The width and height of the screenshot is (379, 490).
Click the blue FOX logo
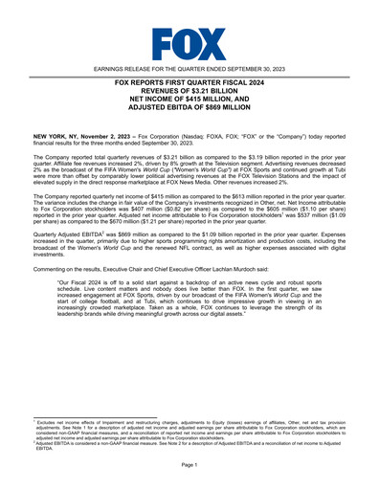(189, 42)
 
